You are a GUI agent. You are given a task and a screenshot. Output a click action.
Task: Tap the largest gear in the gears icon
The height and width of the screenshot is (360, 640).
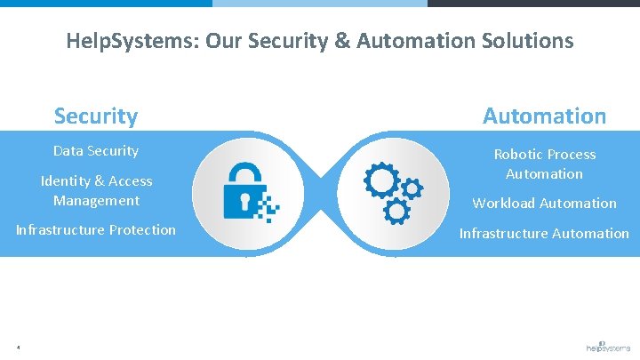(x=382, y=180)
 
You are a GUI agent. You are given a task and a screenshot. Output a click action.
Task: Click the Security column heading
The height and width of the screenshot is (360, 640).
(x=96, y=116)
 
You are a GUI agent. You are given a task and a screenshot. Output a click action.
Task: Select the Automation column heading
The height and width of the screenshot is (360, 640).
(x=544, y=116)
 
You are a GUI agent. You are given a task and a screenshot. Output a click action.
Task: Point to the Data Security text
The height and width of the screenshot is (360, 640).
(x=96, y=151)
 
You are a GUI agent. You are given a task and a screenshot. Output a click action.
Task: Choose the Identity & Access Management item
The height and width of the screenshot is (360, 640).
(x=96, y=190)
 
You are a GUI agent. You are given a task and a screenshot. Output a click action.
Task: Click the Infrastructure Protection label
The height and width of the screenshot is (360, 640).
(x=96, y=230)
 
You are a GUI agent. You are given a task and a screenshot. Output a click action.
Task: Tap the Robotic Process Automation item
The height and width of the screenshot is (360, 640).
(x=544, y=164)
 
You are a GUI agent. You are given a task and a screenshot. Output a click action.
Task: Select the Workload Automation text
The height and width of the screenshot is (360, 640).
(x=544, y=203)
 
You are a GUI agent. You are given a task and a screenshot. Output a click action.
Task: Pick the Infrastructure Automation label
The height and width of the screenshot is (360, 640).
(x=544, y=233)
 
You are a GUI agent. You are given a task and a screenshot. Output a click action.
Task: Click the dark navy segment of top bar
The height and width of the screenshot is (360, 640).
(x=533, y=3)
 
